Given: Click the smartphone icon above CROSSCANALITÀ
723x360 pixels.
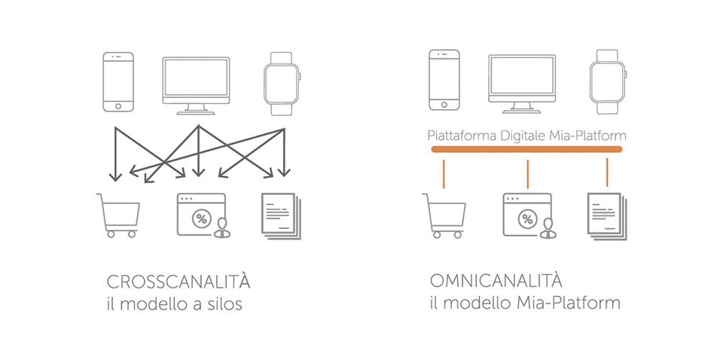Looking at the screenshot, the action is point(118,81).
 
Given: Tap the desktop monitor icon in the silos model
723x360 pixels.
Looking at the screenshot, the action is point(196,86).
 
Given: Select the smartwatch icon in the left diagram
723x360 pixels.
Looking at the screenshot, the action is point(282,84).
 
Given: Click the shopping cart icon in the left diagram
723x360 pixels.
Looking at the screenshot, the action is point(118,215).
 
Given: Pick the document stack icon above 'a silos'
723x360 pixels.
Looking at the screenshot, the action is point(281,215).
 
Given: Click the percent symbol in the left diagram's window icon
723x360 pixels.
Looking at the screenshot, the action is point(202,218).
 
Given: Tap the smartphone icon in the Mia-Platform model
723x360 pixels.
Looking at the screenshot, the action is point(444,80).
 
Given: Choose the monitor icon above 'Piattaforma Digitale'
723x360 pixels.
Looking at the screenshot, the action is point(522,84).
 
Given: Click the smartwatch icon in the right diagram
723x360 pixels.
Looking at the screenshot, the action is point(608,81).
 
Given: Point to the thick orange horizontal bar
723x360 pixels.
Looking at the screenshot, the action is point(526,149).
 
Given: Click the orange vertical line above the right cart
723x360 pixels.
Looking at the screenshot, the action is point(444,174).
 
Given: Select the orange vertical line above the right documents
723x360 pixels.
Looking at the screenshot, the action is point(607,172).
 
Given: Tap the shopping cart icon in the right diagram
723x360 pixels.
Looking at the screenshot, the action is point(444,215).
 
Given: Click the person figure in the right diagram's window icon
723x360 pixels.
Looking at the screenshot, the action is point(548,228).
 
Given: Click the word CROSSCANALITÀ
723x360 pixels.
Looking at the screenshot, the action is point(178,282).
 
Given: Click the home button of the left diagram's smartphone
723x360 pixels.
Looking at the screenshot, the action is point(118,106).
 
